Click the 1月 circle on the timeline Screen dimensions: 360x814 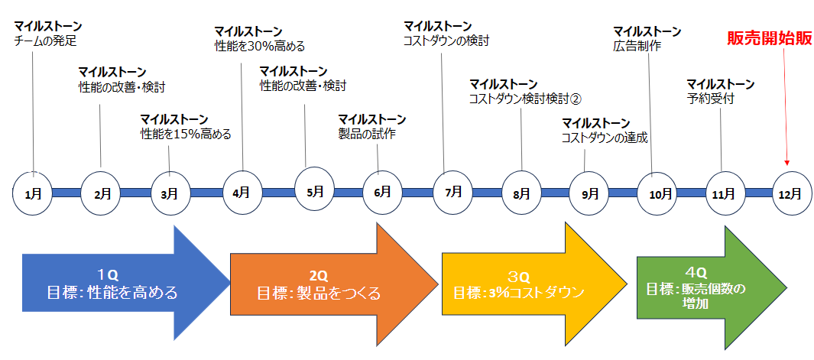pos(33,193)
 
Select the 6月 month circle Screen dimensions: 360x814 pos(382,192)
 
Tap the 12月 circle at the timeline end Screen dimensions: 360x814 pos(791,193)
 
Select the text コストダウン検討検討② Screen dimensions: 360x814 pos(526,99)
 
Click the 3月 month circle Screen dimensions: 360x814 pos(170,193)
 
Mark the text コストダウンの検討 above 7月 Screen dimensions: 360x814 pos(446,41)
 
